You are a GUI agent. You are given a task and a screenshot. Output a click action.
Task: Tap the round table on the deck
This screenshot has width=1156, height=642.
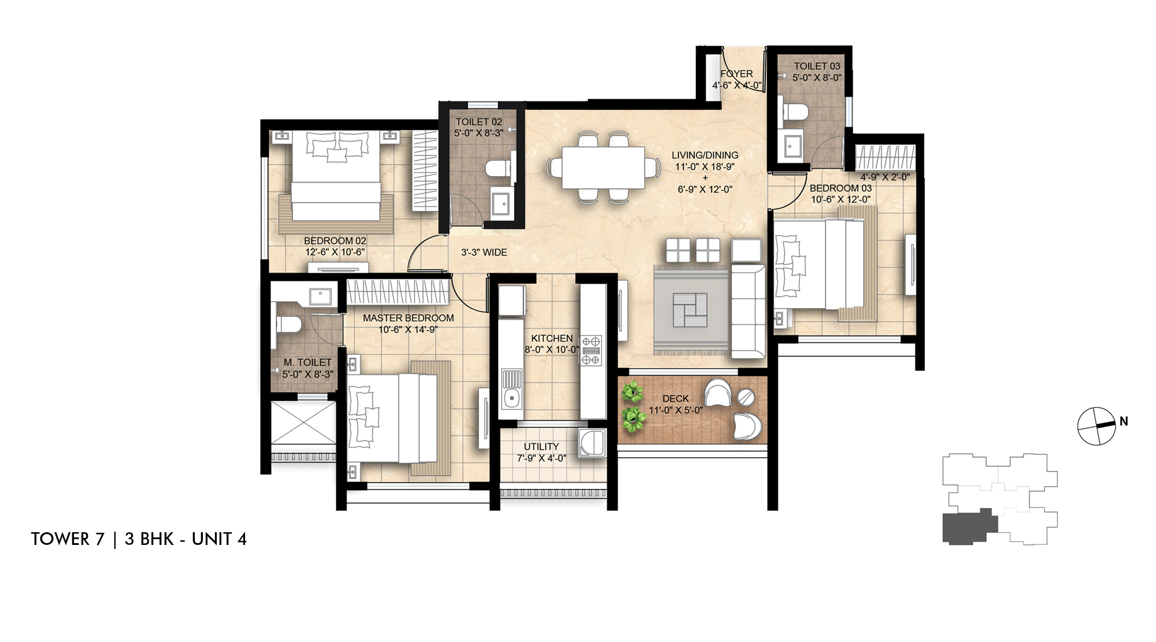746,397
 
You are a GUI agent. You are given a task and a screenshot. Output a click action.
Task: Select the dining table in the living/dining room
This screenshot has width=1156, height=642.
603,168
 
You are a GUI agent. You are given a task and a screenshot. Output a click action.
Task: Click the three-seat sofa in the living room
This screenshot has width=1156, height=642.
748,311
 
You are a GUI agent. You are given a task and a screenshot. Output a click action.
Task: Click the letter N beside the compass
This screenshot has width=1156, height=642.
1124,421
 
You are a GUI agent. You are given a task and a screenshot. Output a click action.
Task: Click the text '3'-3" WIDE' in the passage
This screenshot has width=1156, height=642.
484,253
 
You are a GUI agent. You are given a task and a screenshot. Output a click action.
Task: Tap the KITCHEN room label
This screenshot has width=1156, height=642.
552,338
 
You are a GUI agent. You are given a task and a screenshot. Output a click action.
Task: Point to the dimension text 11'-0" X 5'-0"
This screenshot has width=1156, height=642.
675,410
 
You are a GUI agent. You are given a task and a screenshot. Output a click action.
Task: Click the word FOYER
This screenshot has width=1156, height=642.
736,74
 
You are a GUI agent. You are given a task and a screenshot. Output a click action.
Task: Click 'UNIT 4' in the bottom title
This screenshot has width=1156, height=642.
219,539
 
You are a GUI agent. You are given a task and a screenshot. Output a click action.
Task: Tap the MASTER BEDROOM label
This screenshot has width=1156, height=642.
408,318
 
